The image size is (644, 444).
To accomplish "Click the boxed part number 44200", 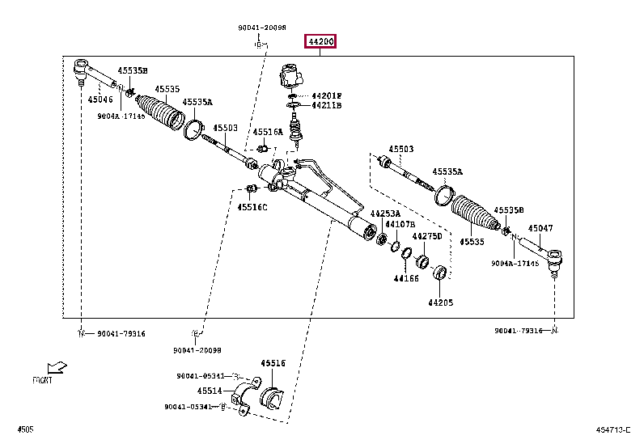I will point(320,41).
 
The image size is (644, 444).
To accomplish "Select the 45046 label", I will point(100,99).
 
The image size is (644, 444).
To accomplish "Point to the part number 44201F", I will point(327,95).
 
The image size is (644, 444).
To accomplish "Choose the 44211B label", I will point(327,105).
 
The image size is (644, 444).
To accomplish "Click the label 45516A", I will point(267,132).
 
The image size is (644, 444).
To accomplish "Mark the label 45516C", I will point(252,207).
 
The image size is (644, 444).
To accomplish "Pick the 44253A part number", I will point(385,214).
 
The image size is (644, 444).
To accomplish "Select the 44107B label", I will point(400,224).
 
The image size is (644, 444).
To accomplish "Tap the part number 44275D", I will point(427,236).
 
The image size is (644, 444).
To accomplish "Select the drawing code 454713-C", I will point(614,429).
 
